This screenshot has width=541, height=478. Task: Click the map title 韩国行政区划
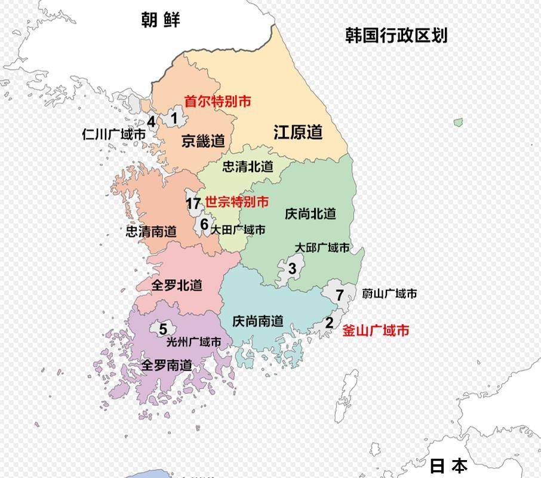pyautogui.click(x=396, y=35)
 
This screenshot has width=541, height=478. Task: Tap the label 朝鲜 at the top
pyautogui.click(x=160, y=20)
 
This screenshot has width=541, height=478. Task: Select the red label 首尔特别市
pyautogui.click(x=217, y=101)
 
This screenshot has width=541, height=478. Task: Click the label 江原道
pyautogui.click(x=298, y=132)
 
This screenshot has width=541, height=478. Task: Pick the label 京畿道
pyautogui.click(x=203, y=141)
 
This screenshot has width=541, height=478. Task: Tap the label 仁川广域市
pyautogui.click(x=113, y=135)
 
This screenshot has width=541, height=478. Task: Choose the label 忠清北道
pyautogui.click(x=248, y=166)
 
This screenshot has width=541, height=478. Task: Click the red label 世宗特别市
pyautogui.click(x=236, y=202)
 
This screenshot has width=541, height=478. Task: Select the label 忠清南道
pyautogui.click(x=151, y=231)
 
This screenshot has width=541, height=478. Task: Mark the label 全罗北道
pyautogui.click(x=177, y=285)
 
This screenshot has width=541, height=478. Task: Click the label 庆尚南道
pyautogui.click(x=257, y=321)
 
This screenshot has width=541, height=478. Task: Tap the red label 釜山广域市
pyautogui.click(x=376, y=330)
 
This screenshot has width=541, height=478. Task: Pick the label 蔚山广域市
pyautogui.click(x=389, y=294)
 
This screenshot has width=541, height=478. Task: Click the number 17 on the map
pyautogui.click(x=193, y=203)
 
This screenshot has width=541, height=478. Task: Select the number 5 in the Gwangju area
pyautogui.click(x=163, y=329)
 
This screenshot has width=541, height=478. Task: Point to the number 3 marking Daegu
pyautogui.click(x=292, y=269)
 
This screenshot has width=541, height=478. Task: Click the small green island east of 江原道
pyautogui.click(x=458, y=122)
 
